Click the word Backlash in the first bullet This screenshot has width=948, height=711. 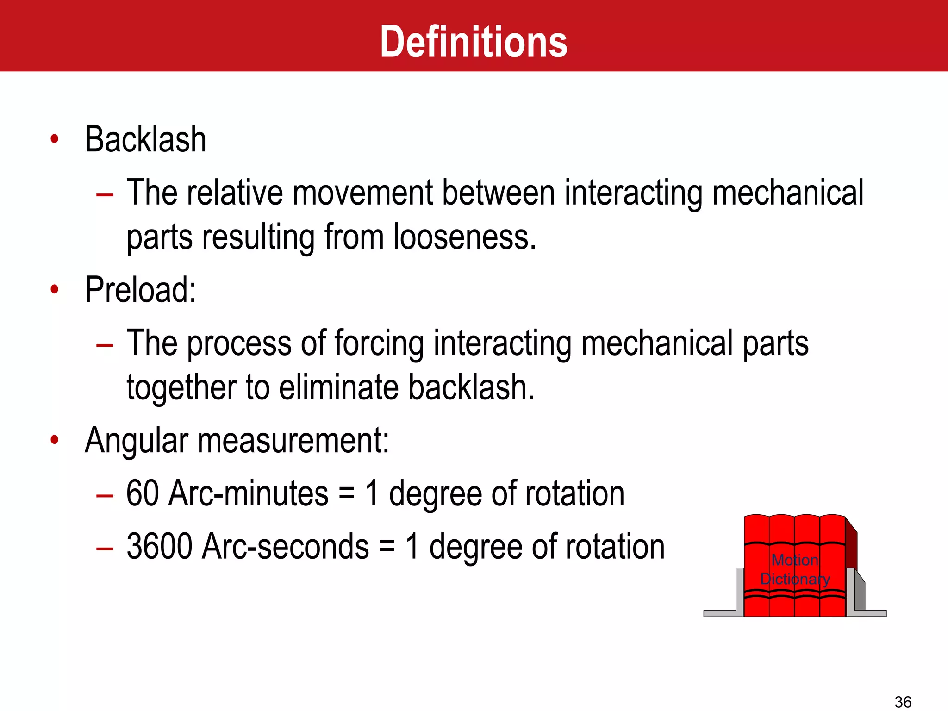145,139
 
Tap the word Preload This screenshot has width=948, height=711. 140,290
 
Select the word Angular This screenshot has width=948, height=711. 137,440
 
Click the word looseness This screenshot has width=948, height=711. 464,237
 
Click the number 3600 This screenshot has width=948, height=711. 159,547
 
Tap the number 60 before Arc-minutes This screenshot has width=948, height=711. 143,493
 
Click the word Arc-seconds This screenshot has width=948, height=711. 286,547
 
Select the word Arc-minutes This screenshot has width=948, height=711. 249,493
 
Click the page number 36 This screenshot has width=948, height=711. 903,702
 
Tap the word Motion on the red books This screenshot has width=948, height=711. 795,560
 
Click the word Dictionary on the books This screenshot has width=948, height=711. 795,579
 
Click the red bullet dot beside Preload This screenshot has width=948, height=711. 55,290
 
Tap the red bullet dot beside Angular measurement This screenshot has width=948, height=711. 55,440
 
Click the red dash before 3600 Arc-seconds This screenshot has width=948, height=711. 105,549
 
